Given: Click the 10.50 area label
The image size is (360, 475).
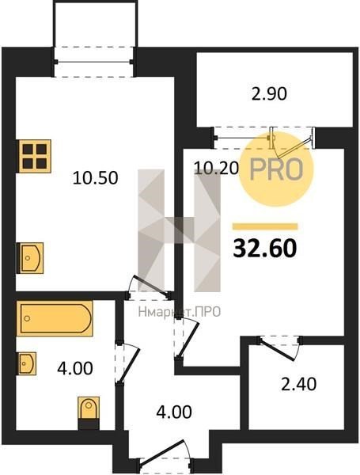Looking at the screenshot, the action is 96,178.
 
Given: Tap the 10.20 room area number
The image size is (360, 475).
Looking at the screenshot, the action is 216,168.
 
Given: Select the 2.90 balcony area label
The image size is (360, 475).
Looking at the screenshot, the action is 269,93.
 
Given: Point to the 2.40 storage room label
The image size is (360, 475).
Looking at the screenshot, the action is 299,385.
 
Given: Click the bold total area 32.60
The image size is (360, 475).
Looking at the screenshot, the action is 265,249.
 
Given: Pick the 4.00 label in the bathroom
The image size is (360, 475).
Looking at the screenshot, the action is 75,369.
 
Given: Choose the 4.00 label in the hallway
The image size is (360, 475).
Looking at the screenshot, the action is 174,412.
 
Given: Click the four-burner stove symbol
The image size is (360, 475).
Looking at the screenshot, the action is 35,156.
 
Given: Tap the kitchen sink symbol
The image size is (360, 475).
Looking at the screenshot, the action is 30,258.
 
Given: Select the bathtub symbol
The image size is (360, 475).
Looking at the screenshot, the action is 55,318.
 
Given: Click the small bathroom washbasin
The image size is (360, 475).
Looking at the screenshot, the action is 27,363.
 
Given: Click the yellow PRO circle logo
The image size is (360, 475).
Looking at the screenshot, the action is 276,169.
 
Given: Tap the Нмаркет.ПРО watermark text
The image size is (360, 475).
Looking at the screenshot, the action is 180,312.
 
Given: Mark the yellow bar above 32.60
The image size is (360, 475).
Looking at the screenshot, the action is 265,226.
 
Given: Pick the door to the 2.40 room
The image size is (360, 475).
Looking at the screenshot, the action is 279,348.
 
